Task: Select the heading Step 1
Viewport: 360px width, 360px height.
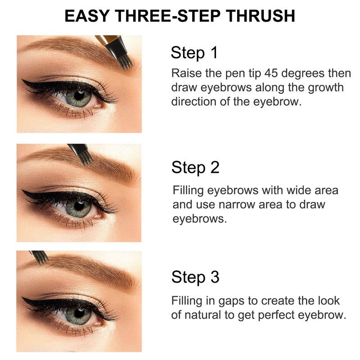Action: [194, 53]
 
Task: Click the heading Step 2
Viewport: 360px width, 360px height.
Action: [195, 167]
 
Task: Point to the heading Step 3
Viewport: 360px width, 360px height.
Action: [195, 277]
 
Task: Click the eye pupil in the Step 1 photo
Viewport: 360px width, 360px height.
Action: [79, 95]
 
